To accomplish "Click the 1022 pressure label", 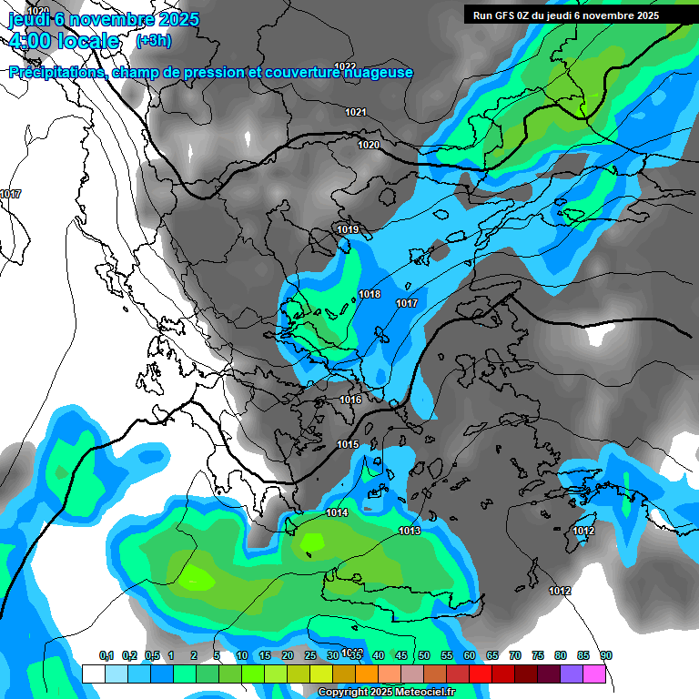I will coord(345,66).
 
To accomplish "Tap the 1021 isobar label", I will coord(356,112).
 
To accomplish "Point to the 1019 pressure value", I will coord(348,229).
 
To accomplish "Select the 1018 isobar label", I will coord(370,294).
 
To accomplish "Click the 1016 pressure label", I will coord(350,400).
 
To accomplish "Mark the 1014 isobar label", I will coord(337,513).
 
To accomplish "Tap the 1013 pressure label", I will coord(410,531).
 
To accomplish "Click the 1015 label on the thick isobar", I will coord(348,444).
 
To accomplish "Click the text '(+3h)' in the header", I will coord(153,40).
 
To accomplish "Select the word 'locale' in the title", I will coord(87,41).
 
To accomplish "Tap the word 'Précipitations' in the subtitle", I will coord(56,73).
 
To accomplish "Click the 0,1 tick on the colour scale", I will coord(106,656).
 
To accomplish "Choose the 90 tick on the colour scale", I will coord(606,656).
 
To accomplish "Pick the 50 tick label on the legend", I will coord(424,656).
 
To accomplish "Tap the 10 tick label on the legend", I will coord(242,656).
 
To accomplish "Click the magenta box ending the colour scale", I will coord(594,674).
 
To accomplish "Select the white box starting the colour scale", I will coord(94,674).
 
